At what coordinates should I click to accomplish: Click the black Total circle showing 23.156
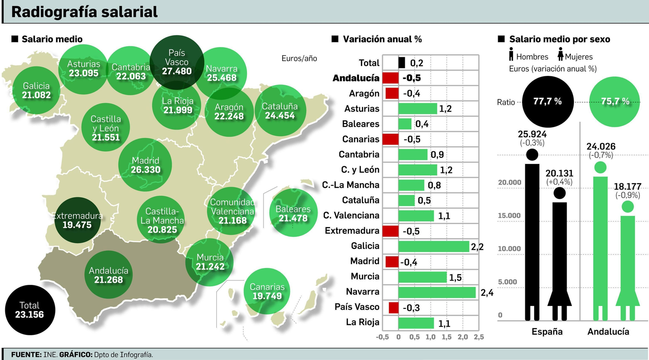[x=30, y=310]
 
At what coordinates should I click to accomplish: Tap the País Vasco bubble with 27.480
[x=177, y=62]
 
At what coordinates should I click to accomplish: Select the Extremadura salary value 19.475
[x=77, y=225]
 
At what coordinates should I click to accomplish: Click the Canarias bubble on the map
[x=267, y=291]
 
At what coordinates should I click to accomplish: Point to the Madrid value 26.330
[x=146, y=170]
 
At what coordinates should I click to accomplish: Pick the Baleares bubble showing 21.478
[x=293, y=213]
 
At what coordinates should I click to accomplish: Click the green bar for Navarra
[x=437, y=292]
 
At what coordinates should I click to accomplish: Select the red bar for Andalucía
[x=390, y=78]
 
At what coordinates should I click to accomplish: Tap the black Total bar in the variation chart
[x=402, y=63]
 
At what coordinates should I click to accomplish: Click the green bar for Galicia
[x=434, y=246]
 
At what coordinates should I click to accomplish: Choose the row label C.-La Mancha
[x=351, y=185]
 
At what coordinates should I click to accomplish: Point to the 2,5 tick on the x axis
[x=479, y=337]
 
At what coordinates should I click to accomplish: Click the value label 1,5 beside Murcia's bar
[x=455, y=278]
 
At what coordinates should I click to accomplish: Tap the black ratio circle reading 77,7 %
[x=548, y=101]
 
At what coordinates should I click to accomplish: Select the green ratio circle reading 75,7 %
[x=615, y=101]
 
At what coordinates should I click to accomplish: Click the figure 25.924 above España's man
[x=532, y=134]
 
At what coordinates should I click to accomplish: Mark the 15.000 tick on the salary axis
[x=509, y=216]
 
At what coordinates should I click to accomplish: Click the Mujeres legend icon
[x=561, y=54]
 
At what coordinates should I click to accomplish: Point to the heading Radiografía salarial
[x=84, y=12]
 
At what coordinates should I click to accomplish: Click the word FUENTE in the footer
[x=26, y=354]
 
